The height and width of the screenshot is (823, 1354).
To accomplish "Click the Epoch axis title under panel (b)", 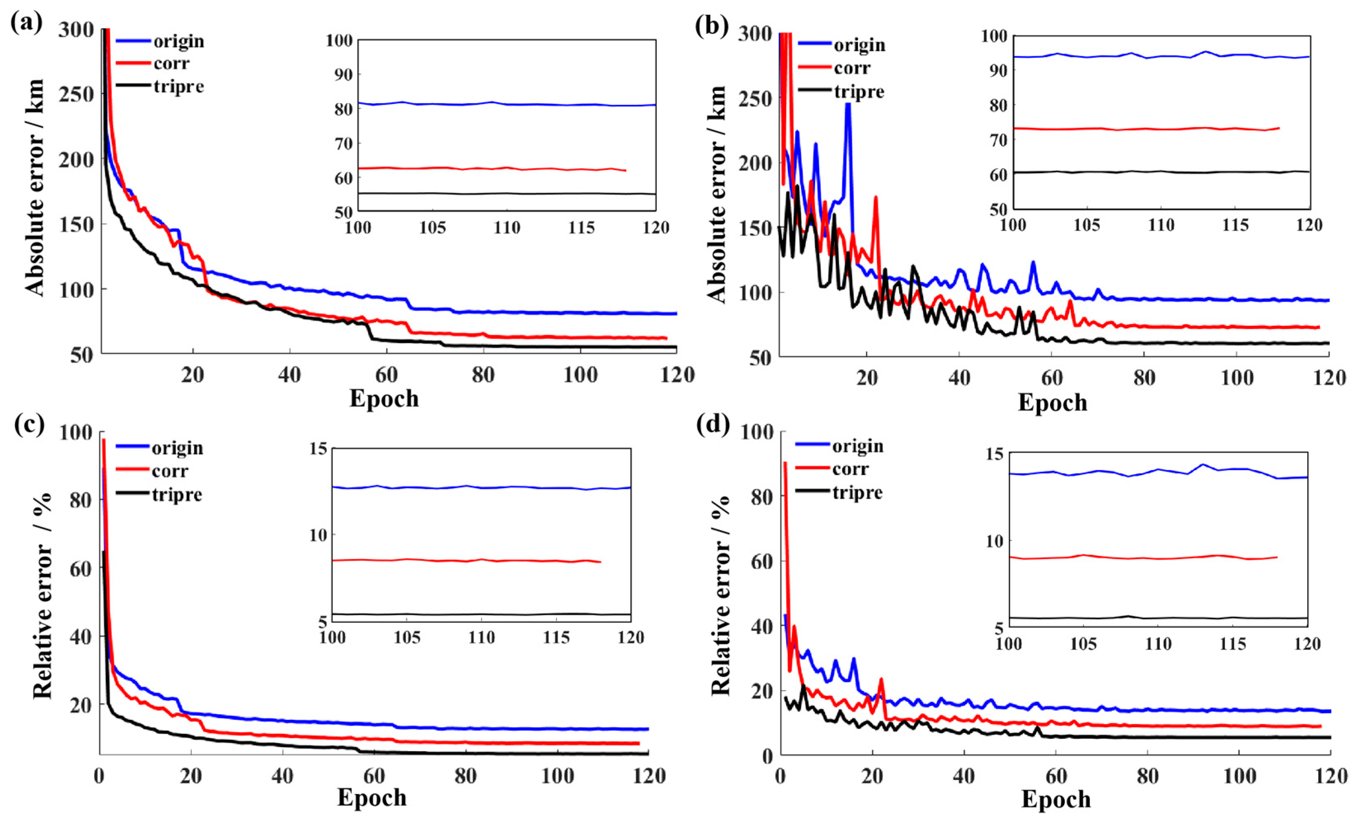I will pos(1052,403).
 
